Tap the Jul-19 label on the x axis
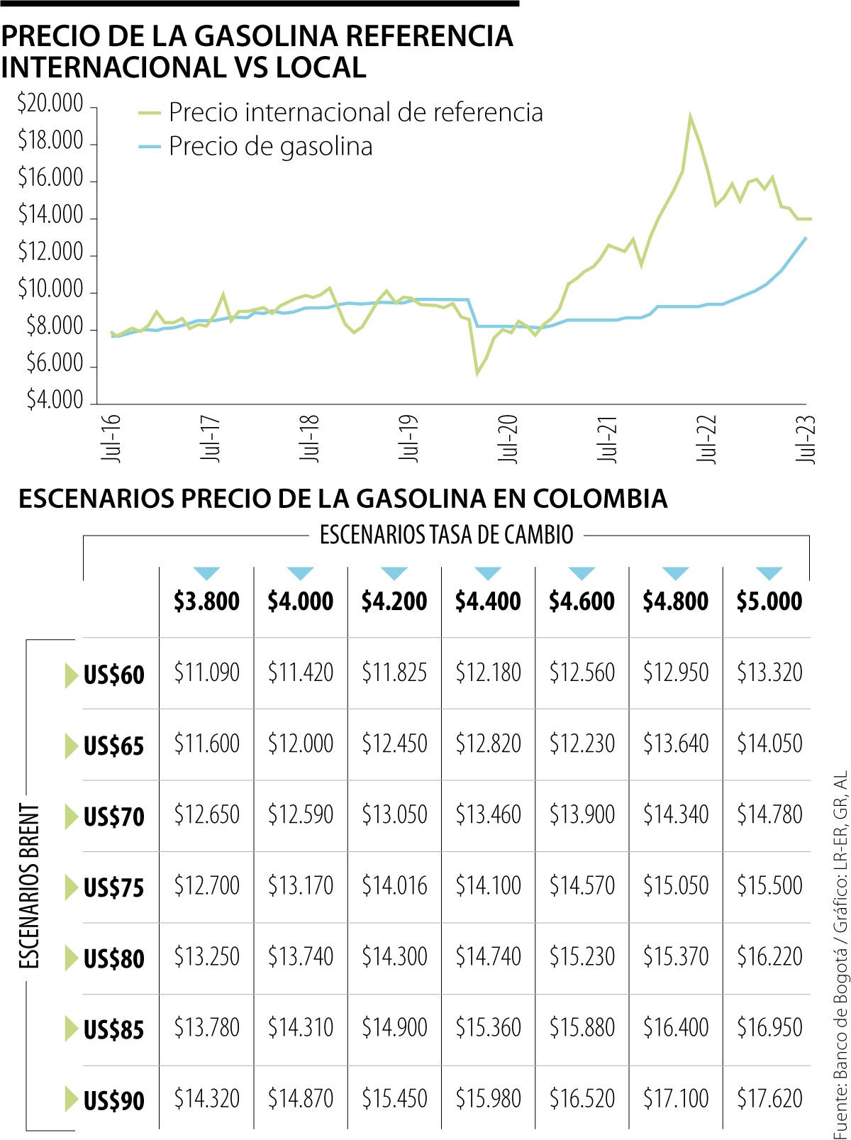pyautogui.click(x=408, y=438)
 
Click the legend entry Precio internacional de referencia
pyautogui.click(x=355, y=112)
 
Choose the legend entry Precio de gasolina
pyautogui.click(x=270, y=147)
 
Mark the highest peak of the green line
pyautogui.click(x=689, y=115)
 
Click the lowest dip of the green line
pyautogui.click(x=477, y=373)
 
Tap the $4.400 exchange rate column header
pyautogui.click(x=488, y=602)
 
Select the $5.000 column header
pyautogui.click(x=769, y=602)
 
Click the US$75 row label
pyautogui.click(x=113, y=887)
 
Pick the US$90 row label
pyautogui.click(x=113, y=1101)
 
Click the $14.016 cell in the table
pyautogui.click(x=394, y=885)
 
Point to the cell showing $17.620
pyautogui.click(x=769, y=1099)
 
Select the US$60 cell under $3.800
pyautogui.click(x=207, y=673)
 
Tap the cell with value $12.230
pyautogui.click(x=582, y=743)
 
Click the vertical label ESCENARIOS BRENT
pyautogui.click(x=28, y=886)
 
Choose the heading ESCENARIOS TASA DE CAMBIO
pyautogui.click(x=446, y=535)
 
